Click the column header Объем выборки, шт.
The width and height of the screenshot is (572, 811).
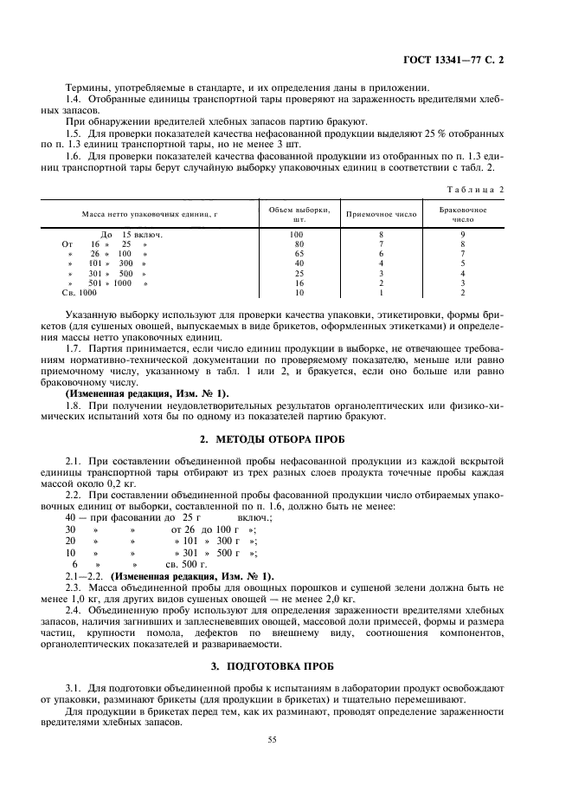tap(297, 214)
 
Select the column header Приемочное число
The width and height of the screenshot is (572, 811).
tap(381, 213)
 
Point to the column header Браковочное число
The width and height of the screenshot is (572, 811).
tap(463, 214)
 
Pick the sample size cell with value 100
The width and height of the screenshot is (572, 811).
tap(297, 234)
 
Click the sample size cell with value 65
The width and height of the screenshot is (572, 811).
tap(297, 253)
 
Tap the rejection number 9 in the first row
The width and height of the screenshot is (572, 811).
tap(463, 234)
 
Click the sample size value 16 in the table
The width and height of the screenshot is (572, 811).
tap(297, 282)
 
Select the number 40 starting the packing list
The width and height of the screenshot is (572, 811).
tap(71, 516)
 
